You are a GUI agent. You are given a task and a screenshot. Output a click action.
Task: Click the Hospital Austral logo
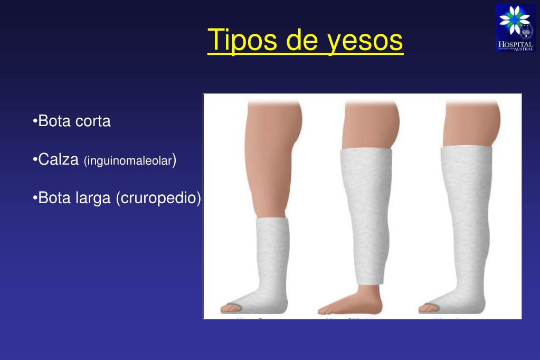[x=515, y=27]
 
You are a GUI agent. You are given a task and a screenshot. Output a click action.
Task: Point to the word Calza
[x=59, y=159]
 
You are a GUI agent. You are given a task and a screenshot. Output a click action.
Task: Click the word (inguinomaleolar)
[x=130, y=160]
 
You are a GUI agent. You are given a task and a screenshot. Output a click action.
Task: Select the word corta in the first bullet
[x=93, y=121]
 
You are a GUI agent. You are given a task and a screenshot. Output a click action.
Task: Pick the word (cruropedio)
[x=158, y=198]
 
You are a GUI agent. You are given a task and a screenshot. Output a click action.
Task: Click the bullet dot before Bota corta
[x=35, y=121]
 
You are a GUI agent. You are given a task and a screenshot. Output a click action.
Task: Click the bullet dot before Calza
[x=35, y=159]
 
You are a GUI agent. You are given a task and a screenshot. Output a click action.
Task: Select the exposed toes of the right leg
[x=428, y=307]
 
